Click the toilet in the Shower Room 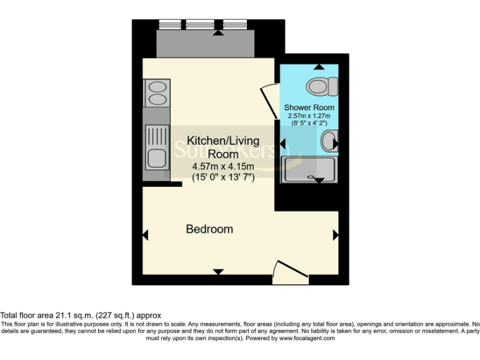point(322,86)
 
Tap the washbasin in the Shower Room point(329,142)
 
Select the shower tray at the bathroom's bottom point(309,169)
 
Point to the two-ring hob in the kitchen point(155,92)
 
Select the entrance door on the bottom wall point(291,272)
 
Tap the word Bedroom point(209,229)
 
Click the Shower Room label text point(309,107)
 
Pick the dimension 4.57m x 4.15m point(222,166)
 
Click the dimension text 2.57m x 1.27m point(309,116)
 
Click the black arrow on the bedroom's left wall point(146,235)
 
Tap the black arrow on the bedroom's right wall point(335,235)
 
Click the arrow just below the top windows point(217,33)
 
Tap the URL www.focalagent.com point(306,338)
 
